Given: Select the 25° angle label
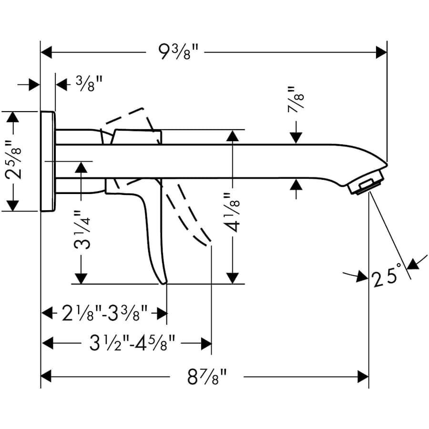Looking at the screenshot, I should tap(385, 278).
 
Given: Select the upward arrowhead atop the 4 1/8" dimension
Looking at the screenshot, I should tap(233, 135).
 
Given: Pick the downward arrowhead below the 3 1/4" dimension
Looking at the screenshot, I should tap(82, 278).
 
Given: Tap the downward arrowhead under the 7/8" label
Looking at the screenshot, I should tap(296, 138).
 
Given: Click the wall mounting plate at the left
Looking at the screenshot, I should tap(48, 161).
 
